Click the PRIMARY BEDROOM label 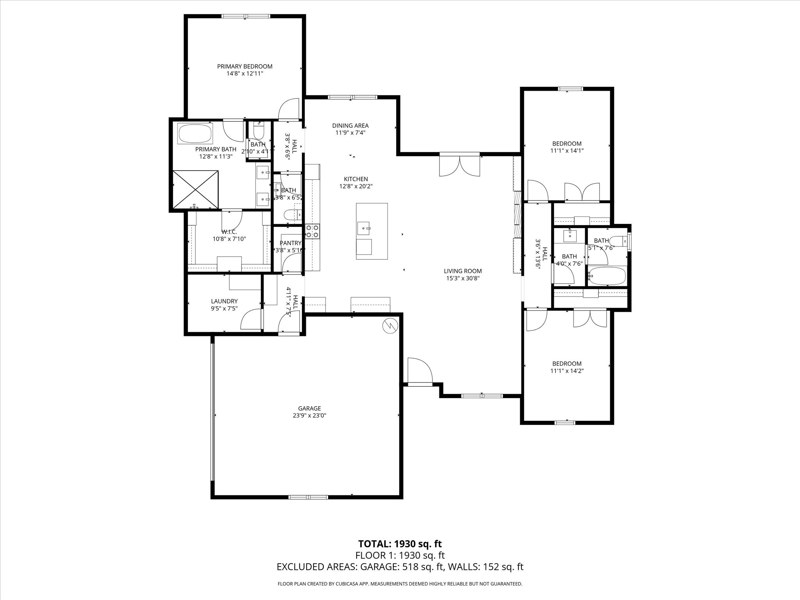point(245,66)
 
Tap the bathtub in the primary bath point(195,134)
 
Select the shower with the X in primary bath point(195,189)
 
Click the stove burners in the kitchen point(312,231)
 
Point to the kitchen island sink point(364,227)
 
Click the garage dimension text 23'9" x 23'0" point(309,416)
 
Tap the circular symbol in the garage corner point(390,326)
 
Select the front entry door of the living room point(419,371)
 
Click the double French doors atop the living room point(460,165)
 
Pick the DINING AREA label point(350,125)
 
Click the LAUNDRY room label point(224,301)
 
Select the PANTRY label point(290,243)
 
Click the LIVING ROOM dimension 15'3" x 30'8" point(463,279)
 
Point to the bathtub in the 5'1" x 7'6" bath point(607,276)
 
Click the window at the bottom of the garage point(308,497)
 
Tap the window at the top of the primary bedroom point(245,16)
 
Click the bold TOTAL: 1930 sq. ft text point(400,544)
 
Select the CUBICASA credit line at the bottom point(400,584)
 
